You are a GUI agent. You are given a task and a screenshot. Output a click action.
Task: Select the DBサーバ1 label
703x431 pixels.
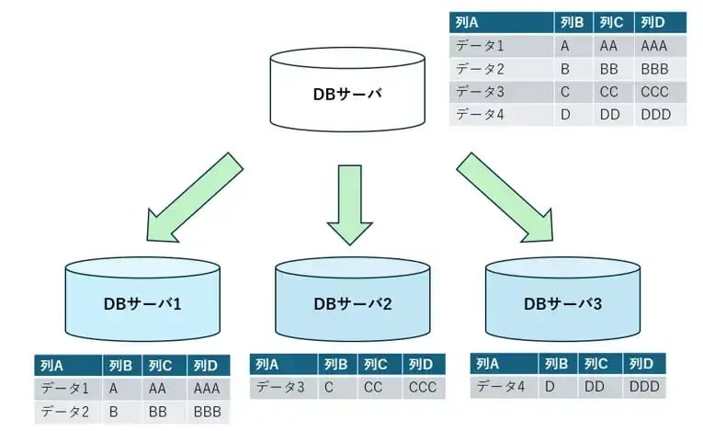pyautogui.click(x=142, y=301)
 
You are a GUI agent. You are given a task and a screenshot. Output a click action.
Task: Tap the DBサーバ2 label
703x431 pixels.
pyautogui.click(x=352, y=302)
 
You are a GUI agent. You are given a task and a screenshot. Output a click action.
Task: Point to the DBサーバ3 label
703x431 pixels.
pyautogui.click(x=562, y=301)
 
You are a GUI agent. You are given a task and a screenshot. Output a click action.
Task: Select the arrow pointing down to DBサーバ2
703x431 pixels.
pyautogui.click(x=352, y=203)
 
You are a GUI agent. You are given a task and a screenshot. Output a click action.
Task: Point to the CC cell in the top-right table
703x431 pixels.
pyautogui.click(x=608, y=92)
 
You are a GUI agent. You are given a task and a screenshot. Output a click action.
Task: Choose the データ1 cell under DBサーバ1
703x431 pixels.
pyautogui.click(x=65, y=389)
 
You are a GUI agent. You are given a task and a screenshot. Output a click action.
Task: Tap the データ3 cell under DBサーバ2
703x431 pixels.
pyautogui.click(x=280, y=387)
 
